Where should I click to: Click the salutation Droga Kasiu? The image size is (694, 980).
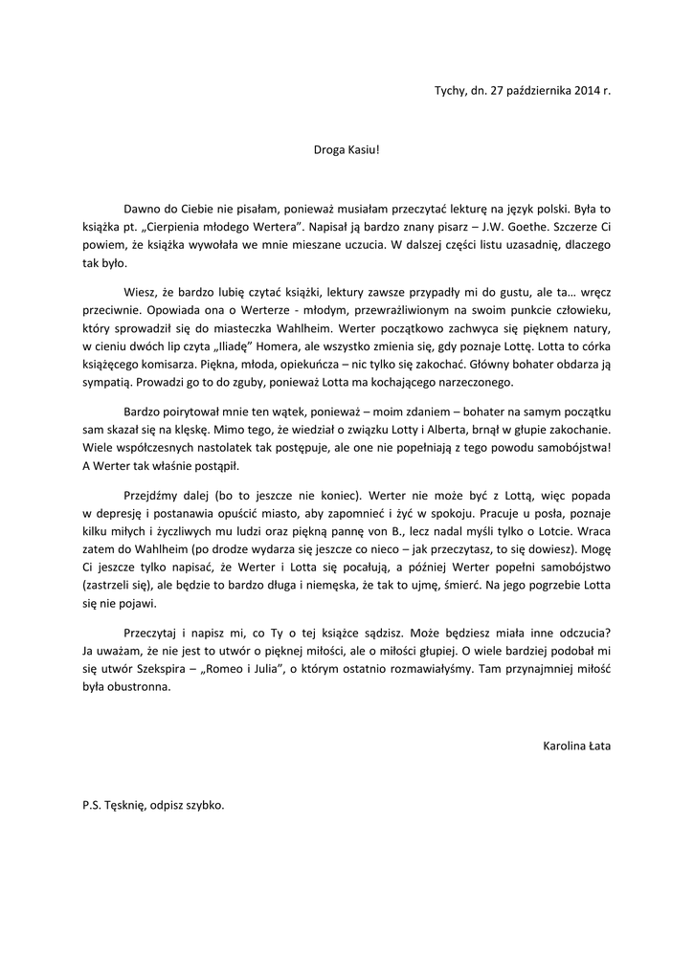[347, 150]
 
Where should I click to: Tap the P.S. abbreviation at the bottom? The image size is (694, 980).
[92, 805]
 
